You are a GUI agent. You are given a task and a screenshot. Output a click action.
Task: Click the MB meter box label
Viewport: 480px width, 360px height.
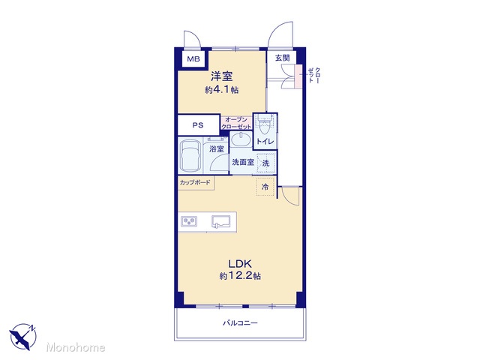tap(193, 58)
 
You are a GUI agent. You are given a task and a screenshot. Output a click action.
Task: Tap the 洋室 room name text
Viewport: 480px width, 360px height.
tap(222, 76)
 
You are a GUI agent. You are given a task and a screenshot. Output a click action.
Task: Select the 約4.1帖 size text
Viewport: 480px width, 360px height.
tap(222, 90)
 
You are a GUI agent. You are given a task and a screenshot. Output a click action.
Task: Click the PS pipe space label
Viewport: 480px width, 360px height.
tap(198, 125)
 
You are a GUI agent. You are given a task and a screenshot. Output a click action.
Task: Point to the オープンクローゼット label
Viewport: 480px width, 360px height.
tap(236, 123)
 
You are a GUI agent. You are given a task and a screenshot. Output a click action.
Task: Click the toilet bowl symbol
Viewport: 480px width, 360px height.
tap(265, 125)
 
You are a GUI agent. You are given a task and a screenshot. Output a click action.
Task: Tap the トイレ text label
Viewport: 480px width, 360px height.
tap(265, 142)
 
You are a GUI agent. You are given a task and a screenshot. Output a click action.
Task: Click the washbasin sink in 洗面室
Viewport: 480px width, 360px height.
tap(241, 140)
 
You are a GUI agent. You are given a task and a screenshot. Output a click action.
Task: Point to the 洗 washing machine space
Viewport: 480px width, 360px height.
tap(265, 163)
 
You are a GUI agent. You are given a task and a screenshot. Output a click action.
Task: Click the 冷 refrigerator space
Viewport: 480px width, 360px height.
tap(265, 187)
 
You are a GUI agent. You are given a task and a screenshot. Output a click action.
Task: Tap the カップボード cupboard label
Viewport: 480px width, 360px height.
tap(195, 182)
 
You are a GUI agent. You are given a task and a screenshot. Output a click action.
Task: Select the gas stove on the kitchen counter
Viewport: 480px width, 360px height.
tap(189, 221)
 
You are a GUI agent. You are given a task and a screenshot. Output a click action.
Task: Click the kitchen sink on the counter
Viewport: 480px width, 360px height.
tap(220, 222)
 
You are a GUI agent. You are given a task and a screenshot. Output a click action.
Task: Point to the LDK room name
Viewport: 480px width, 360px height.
tap(240, 263)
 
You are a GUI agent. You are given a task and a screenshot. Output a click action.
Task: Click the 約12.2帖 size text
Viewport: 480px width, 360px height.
tap(240, 276)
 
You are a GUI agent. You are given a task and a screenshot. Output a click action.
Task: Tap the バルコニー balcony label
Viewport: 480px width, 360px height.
tap(240, 323)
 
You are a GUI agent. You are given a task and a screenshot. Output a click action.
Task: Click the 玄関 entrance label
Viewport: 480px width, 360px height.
tap(282, 58)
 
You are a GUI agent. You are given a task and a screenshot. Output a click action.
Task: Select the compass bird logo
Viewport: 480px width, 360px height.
tap(22, 336)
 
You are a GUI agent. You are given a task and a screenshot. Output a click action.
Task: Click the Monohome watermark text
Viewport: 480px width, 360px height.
tap(76, 347)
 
